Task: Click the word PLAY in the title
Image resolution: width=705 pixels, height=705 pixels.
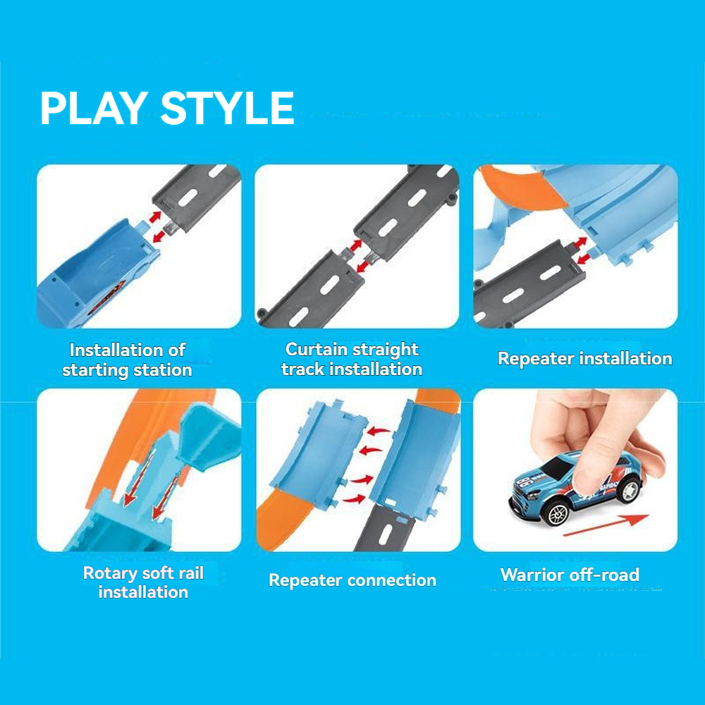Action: pyautogui.click(x=94, y=108)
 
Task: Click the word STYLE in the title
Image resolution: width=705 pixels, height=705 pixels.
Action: pyautogui.click(x=227, y=108)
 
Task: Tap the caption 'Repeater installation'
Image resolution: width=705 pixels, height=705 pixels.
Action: pyautogui.click(x=585, y=359)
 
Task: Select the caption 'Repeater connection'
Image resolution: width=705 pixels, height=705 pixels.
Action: pyautogui.click(x=352, y=580)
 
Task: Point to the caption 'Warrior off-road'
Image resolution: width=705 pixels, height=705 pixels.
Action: pyautogui.click(x=570, y=575)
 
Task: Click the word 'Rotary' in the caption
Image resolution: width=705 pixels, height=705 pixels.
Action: pyautogui.click(x=110, y=573)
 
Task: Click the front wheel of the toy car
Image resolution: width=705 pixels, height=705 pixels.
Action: pyautogui.click(x=558, y=513)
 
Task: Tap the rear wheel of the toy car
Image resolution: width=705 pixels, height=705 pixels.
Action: pyautogui.click(x=630, y=490)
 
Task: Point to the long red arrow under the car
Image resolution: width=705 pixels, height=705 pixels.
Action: pyautogui.click(x=606, y=525)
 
